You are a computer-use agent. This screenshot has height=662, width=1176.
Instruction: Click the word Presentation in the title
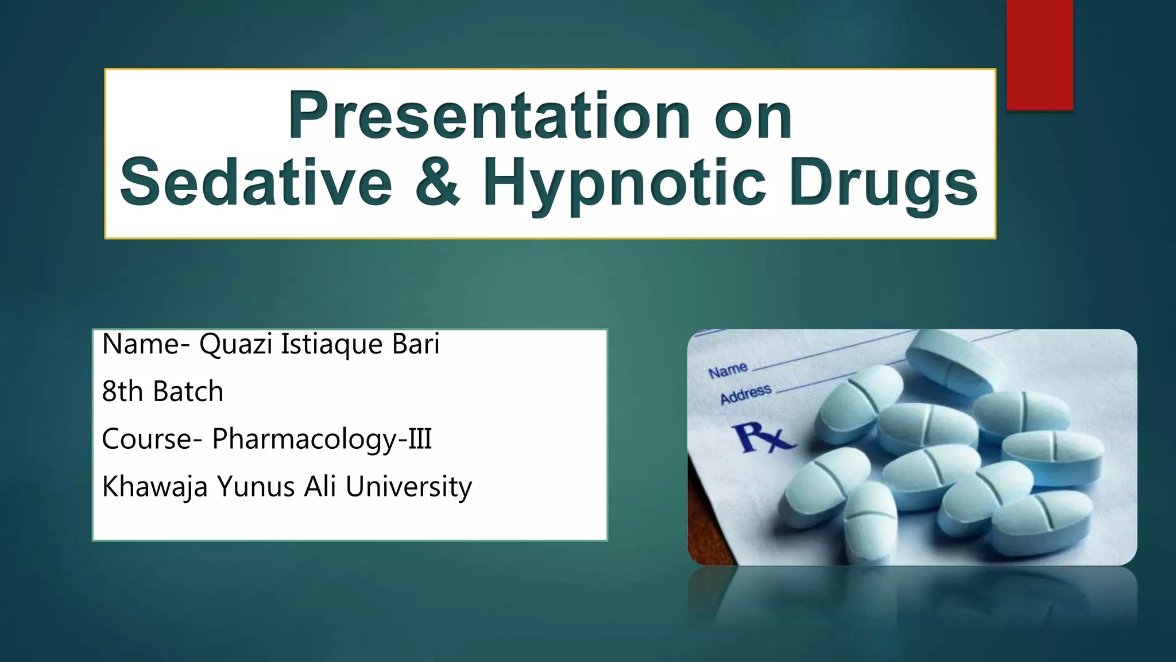pos(489,117)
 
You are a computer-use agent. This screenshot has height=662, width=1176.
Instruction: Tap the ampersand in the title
pos(438,183)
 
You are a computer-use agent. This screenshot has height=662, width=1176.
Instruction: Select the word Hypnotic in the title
pos(624,184)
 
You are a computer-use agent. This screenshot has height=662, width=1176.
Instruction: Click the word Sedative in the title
pos(256,183)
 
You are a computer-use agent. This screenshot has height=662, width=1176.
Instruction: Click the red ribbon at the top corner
pos(1039,55)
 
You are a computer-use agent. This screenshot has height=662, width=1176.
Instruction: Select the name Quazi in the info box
pos(235,345)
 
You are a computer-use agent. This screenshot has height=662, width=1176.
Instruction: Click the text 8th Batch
pos(163,392)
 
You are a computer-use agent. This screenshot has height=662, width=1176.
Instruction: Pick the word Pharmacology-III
pos(322,440)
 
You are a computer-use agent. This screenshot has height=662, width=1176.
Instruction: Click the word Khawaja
pos(154,487)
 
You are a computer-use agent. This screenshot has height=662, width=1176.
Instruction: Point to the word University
pos(408,487)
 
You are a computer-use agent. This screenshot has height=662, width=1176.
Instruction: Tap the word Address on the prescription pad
pos(745,394)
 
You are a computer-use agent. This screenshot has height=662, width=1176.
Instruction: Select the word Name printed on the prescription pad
pos(728,371)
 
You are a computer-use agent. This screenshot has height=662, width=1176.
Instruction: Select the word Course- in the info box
pos(152,440)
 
